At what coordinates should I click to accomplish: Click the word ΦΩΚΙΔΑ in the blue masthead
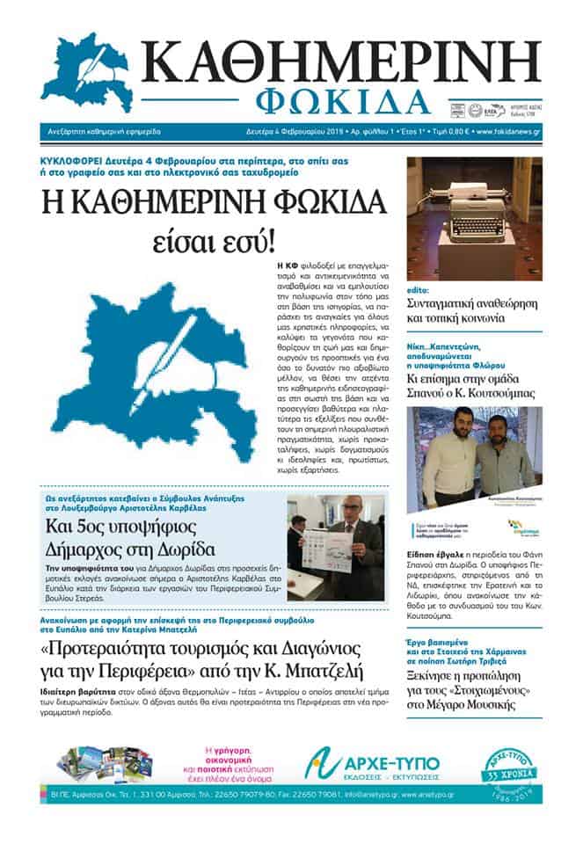pos(345,102)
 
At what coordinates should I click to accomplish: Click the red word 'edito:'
pos(419,289)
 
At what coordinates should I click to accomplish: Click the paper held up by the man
pos(326,549)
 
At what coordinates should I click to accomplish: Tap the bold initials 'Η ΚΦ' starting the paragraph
pos(284,264)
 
